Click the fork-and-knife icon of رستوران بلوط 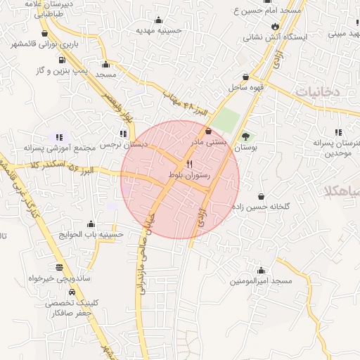click(x=189, y=163)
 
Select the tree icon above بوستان click(x=245, y=137)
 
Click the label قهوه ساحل click(x=245, y=88)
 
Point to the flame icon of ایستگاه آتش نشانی click(x=274, y=25)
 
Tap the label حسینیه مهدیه click(x=159, y=31)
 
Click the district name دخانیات click(x=317, y=91)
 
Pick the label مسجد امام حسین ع click(x=267, y=11)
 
